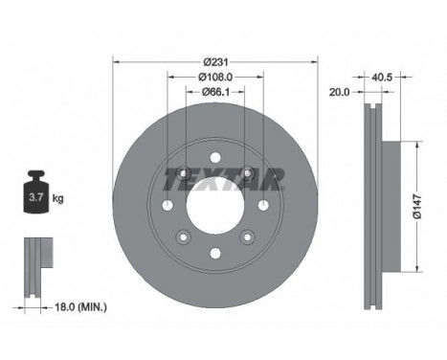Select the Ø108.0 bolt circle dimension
click(x=213, y=77)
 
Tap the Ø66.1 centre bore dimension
click(x=213, y=92)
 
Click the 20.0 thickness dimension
click(x=340, y=93)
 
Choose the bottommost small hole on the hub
click(x=214, y=254)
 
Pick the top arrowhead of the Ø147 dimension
click(x=417, y=144)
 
